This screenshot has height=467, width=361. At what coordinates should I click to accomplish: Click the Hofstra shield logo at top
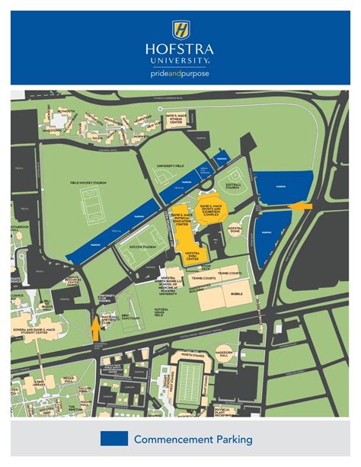[180, 30]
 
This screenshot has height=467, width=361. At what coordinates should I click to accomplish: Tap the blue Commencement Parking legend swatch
[113, 439]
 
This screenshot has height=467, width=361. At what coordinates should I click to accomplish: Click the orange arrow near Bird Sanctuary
[96, 328]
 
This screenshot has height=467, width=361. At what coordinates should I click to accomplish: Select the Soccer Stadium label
[142, 247]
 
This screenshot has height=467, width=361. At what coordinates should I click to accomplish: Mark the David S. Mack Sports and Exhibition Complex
[215, 209]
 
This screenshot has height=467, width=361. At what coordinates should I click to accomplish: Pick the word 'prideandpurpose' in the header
[180, 74]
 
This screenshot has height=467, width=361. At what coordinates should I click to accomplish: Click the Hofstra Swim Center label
[192, 257]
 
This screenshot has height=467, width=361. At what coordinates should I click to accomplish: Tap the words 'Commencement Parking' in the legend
[193, 440]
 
